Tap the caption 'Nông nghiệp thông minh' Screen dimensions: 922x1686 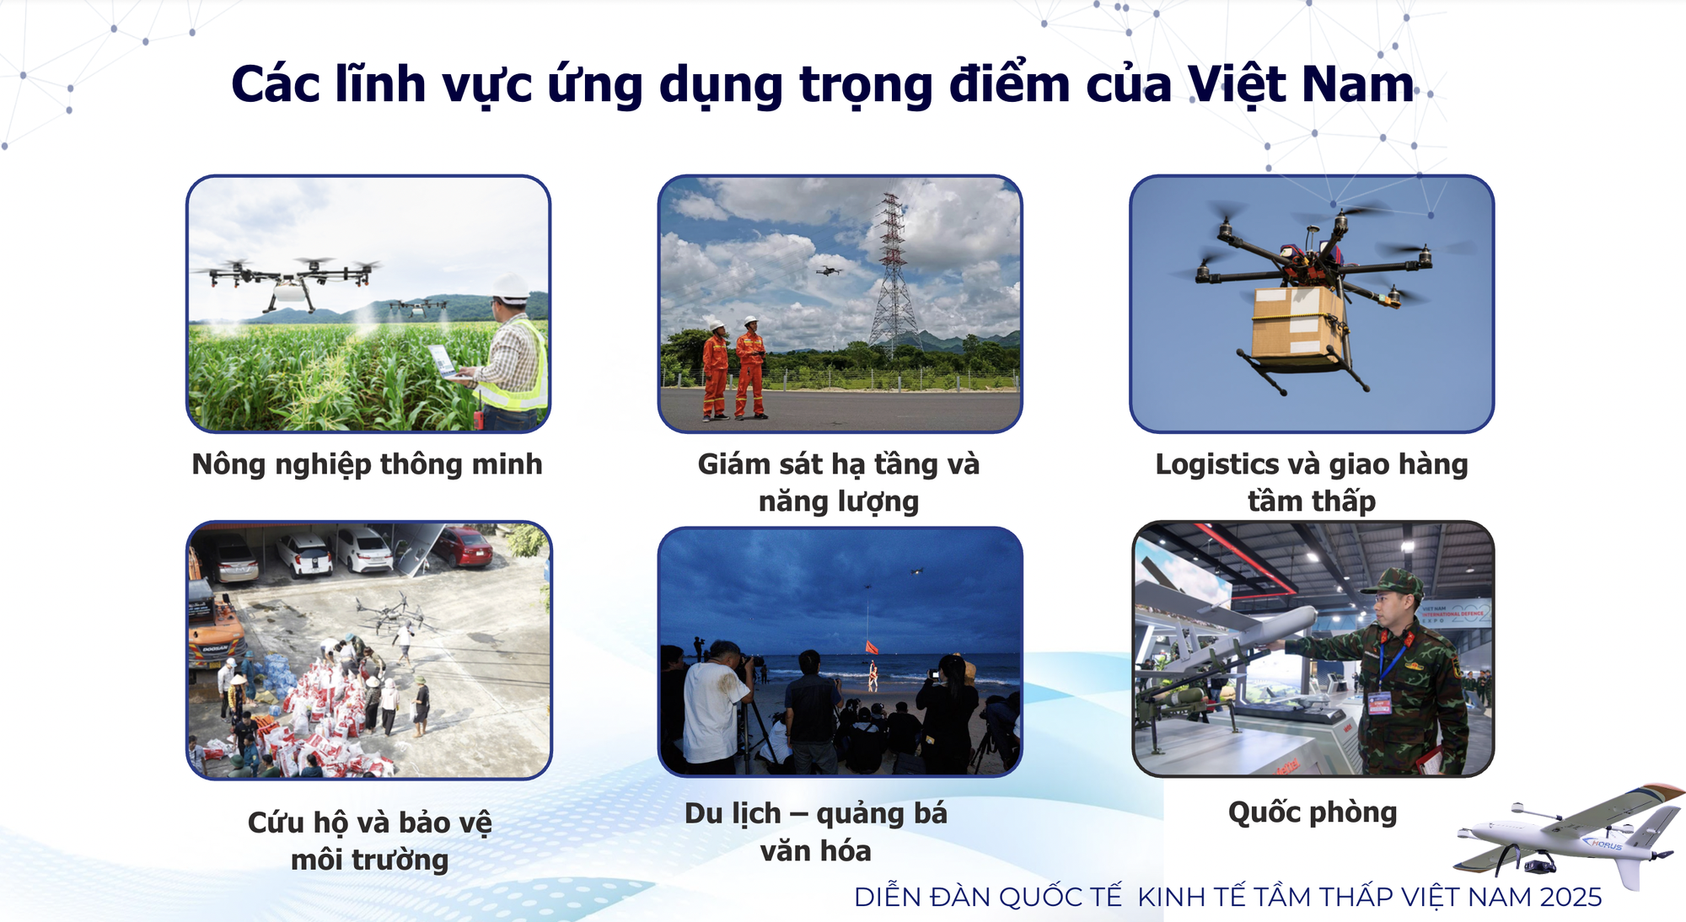point(367,464)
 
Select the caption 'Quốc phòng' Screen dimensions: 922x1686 point(1313,812)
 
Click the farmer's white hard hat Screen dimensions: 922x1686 point(511,287)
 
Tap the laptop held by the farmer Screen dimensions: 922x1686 point(443,361)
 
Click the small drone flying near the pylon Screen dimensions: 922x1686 point(829,271)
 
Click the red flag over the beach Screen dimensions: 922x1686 point(872,647)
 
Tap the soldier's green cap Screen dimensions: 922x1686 point(1393,583)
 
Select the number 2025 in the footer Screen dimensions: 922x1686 point(1571,898)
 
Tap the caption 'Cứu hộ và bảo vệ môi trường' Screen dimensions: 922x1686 point(369,840)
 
